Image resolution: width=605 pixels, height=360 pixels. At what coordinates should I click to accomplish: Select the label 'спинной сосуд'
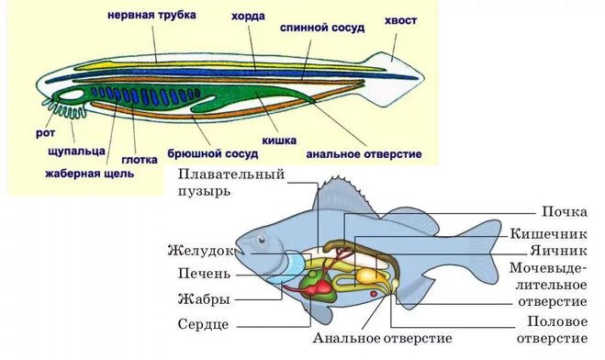322,28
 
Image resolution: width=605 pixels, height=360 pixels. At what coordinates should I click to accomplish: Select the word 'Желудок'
201,250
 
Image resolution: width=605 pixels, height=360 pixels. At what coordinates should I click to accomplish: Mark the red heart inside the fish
322,289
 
